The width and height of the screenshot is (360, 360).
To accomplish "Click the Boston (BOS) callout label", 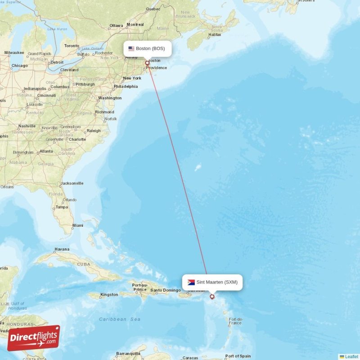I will [148, 49].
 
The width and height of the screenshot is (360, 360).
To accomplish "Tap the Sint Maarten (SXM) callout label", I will [212, 282].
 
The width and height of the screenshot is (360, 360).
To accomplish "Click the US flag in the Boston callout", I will [131, 49].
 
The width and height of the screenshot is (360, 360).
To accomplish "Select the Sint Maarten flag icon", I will [191, 282].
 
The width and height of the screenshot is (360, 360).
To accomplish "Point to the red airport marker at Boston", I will [147, 63].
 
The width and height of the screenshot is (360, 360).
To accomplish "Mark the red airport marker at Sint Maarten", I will [212, 297].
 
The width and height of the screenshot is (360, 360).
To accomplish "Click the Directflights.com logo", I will [34, 337].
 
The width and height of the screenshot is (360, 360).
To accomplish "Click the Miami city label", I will [77, 225].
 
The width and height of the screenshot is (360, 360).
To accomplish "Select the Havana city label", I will [62, 249].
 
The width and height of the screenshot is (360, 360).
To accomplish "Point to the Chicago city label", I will [19, 66].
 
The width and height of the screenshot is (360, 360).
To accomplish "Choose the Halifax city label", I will [215, 34].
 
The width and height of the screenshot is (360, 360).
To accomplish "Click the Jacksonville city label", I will [72, 183].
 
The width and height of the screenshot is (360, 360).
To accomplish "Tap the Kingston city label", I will [109, 295].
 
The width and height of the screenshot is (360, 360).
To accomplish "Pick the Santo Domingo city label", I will [165, 290].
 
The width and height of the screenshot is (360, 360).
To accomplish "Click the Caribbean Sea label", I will [120, 319].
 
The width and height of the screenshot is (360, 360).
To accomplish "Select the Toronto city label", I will [71, 46].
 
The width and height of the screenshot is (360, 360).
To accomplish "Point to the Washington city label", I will [110, 98].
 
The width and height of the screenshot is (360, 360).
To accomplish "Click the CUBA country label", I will [83, 264].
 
